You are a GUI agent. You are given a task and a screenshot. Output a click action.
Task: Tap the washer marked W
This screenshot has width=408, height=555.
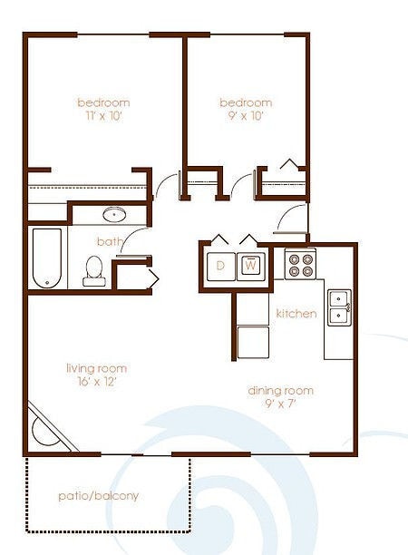coord(251,267)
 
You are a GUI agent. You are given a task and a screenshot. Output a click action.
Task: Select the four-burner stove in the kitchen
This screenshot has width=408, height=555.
coord(300,264)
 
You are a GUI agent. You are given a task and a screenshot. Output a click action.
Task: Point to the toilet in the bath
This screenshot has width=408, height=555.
coord(93,270)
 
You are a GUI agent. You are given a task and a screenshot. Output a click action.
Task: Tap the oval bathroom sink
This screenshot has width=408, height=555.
coord(114,215)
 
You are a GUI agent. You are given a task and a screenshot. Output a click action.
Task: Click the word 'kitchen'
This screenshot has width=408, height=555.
coord(296,314)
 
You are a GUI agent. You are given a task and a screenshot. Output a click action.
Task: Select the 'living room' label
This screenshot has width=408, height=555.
coord(96,368)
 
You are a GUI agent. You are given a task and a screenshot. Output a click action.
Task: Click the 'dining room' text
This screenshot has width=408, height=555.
coord(281,391)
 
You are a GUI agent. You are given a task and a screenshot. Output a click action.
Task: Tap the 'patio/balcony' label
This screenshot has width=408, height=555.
coord(98,496)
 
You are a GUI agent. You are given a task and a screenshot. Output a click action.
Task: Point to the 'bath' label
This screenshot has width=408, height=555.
coord(110,241)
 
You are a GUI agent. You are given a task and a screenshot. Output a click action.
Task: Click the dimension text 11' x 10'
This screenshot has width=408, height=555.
coord(102,116)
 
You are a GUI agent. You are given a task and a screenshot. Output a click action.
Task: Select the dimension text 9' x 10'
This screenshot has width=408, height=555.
coord(246,116)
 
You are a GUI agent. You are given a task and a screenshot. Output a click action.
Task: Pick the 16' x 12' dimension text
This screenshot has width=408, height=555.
coord(95,382)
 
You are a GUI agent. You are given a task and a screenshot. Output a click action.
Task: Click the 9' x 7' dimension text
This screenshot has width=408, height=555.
coord(281,404)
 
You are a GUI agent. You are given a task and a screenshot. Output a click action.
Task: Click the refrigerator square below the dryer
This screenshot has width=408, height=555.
coord(252,343)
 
